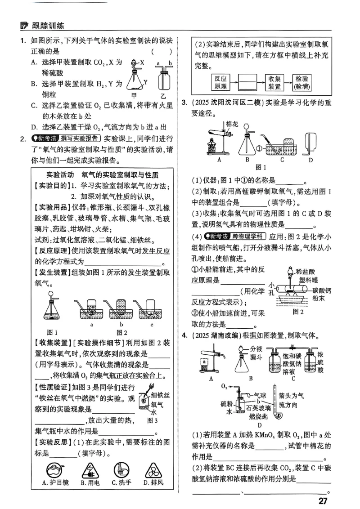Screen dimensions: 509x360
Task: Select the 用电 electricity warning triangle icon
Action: point(86,470)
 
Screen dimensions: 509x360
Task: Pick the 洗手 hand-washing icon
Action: point(118,470)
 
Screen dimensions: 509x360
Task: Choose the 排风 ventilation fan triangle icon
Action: point(153,470)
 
